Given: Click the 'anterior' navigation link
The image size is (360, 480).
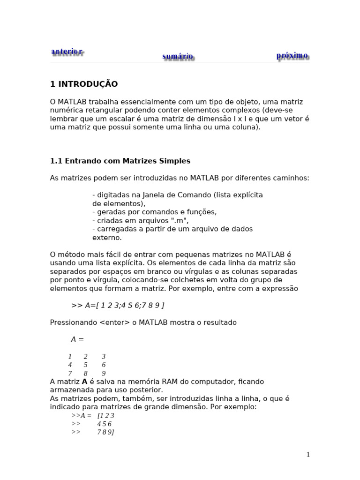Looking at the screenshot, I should [67, 52].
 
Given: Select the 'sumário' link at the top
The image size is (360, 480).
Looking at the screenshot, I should [178, 57].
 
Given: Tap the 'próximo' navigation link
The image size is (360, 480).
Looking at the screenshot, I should [292, 56].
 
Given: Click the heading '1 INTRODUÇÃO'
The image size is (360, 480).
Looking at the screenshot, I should [84, 84].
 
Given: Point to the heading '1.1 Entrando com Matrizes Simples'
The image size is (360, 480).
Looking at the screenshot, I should [120, 161].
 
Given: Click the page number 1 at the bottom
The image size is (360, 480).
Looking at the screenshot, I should [308, 454].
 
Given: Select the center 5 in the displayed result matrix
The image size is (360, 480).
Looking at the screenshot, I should [85, 365].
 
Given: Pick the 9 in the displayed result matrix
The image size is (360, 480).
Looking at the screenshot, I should [104, 374].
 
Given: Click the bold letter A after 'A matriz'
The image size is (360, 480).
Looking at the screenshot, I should [84, 382].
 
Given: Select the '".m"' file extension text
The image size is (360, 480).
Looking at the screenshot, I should [179, 220].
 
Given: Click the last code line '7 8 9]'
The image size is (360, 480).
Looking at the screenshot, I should [105, 432].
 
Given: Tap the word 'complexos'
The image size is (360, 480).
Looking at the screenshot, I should [230, 110].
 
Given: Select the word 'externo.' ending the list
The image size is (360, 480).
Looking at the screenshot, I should [107, 238].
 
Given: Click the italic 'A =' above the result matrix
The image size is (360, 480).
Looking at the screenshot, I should [77, 339].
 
